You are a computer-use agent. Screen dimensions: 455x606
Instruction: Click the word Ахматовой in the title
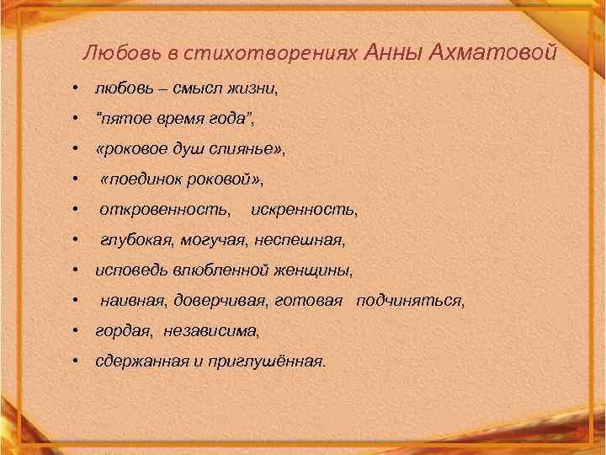click(492, 53)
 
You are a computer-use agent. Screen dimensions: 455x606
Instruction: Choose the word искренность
click(305, 210)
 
